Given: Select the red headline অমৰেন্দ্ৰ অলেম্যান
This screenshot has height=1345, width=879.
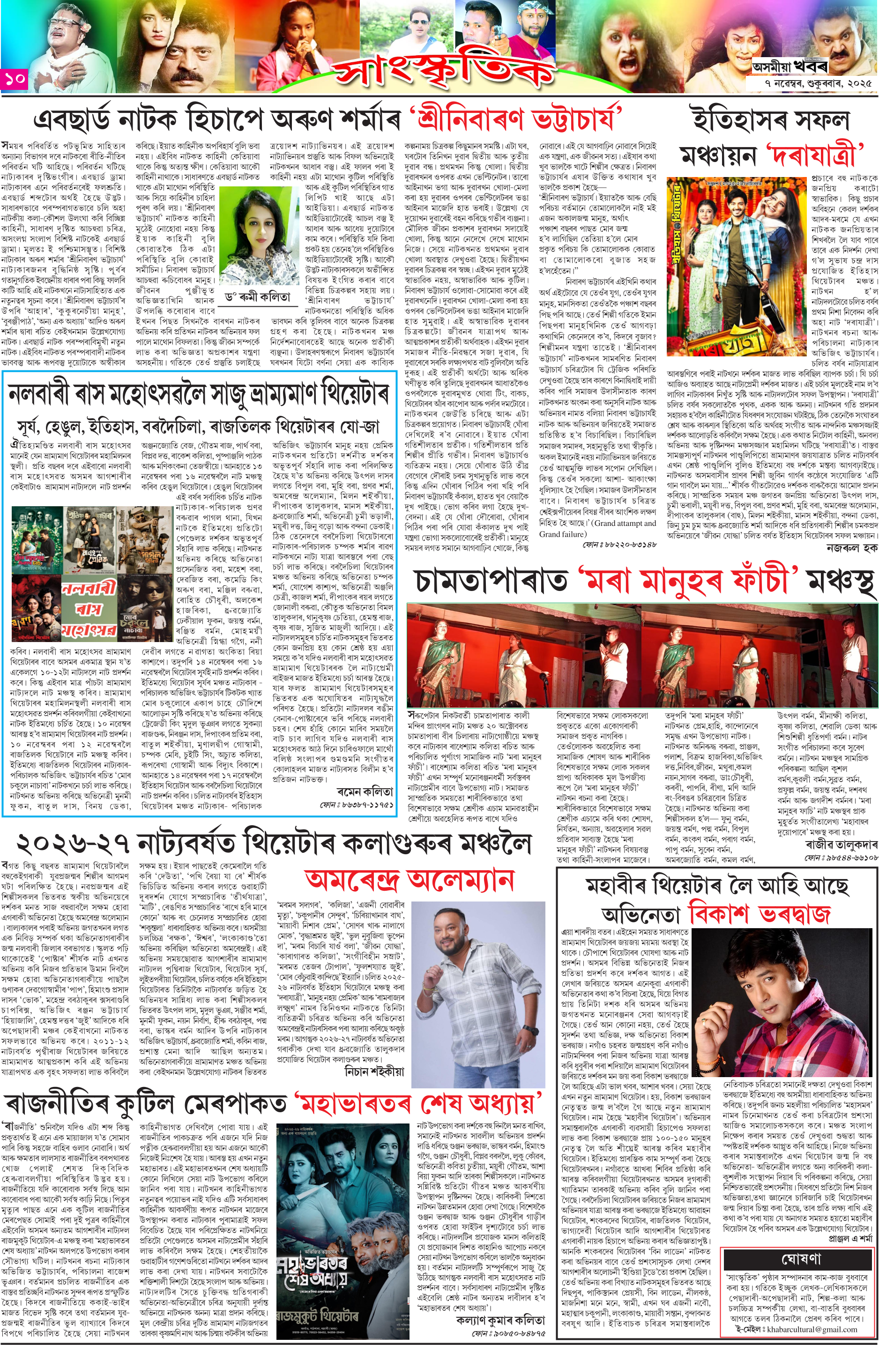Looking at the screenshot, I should [x=410, y=879].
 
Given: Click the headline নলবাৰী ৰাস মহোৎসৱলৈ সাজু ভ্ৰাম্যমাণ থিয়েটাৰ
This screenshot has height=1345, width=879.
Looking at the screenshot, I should [x=198, y=394].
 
